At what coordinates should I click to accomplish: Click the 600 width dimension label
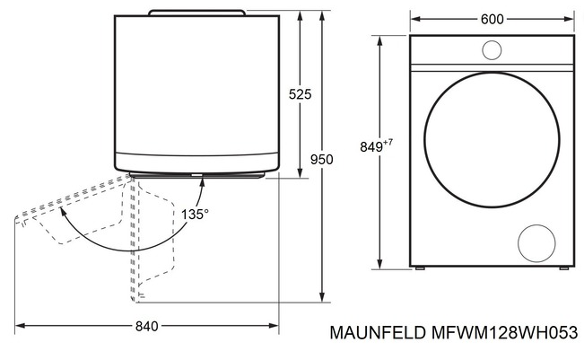(x=492, y=17)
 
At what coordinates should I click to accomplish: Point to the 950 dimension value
(x=321, y=160)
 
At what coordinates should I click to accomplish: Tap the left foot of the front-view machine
(x=418, y=269)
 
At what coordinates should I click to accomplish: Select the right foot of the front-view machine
(x=564, y=269)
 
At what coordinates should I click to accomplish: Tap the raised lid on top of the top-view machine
(x=196, y=12)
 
